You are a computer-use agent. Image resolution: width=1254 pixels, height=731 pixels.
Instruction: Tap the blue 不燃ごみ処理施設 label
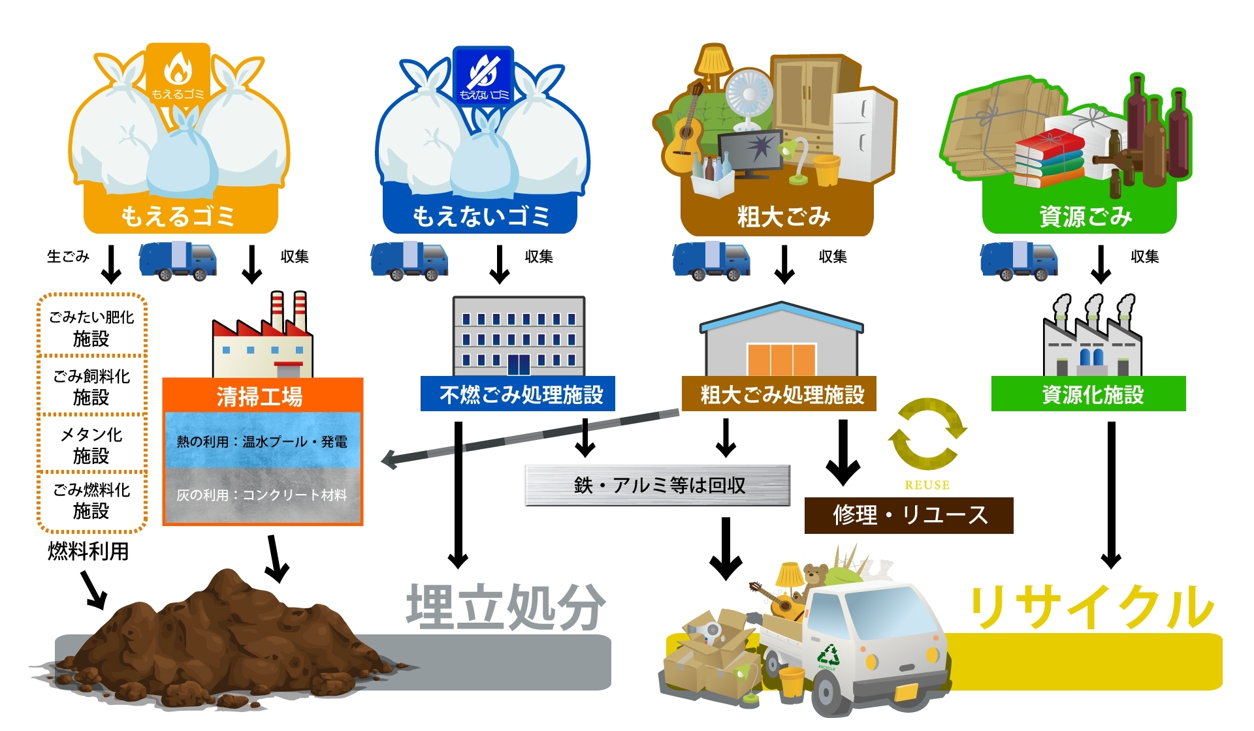point(518,394)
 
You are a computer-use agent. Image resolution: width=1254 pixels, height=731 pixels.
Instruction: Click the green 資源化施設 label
point(1089,394)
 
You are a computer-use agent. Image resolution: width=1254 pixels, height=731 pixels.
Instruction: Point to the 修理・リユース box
point(908,515)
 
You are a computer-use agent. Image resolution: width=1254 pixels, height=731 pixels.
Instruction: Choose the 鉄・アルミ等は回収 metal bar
point(658,485)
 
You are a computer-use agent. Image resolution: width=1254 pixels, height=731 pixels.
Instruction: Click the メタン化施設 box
point(91,444)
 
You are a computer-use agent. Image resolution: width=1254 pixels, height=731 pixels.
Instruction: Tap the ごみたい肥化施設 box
point(91,328)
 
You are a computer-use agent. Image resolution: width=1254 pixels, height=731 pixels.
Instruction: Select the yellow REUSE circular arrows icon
point(927,434)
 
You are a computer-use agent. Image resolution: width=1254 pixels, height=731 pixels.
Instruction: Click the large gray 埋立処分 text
point(506,607)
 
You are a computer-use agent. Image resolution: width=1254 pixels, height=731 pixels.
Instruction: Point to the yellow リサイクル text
point(1091,607)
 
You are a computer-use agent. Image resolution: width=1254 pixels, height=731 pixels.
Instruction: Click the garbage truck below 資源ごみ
point(1018,260)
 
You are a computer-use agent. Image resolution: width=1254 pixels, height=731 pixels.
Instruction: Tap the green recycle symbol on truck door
point(828,655)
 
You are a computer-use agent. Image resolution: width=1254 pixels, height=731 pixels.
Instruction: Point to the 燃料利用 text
point(88,552)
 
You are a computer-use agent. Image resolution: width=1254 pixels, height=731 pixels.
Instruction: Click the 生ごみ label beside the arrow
point(68,257)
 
